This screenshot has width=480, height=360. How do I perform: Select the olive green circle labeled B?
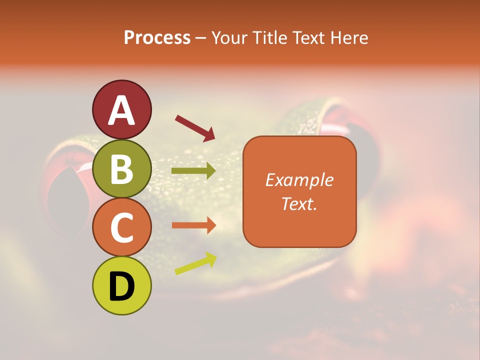click(122, 168)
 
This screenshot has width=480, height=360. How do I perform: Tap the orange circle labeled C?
click(122, 227)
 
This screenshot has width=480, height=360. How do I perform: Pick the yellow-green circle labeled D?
click(122, 285)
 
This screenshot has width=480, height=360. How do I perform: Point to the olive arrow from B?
click(193, 171)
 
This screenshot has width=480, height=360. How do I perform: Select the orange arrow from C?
click(193, 225)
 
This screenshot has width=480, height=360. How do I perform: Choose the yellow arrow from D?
click(195, 263)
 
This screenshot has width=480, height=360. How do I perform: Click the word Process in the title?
click(157, 37)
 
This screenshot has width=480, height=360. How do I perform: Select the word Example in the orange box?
click(299, 180)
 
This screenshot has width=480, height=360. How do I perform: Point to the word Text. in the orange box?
click(299, 203)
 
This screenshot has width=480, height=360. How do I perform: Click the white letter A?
click(122, 110)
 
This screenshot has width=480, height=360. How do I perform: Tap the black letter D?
click(122, 286)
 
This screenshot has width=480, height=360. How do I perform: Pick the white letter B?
click(122, 169)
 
